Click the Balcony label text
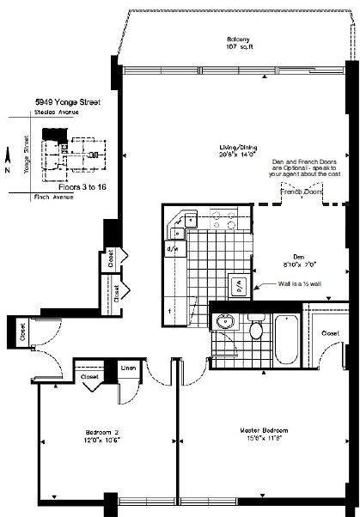(x=238, y=40)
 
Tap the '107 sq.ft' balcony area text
(x=238, y=47)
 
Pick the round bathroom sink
(x=225, y=323)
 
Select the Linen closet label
(x=126, y=368)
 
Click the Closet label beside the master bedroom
(x=330, y=331)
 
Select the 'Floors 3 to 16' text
(x=80, y=184)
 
